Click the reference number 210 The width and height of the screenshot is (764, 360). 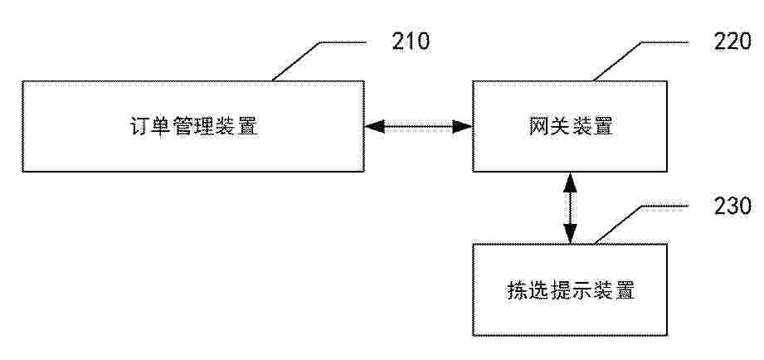[x=411, y=41]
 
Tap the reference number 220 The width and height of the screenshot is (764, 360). [x=732, y=41]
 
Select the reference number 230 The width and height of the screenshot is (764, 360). [x=732, y=206]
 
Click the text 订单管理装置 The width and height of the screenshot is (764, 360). [x=194, y=127]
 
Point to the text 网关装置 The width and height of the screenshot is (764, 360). [x=571, y=127]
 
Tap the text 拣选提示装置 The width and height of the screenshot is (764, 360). [x=571, y=291]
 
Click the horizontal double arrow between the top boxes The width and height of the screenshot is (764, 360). [x=418, y=127]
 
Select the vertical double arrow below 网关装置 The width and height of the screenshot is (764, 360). [x=570, y=207]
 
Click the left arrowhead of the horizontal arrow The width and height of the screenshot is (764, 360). [x=375, y=127]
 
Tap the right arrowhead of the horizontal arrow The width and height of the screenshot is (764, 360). [x=462, y=127]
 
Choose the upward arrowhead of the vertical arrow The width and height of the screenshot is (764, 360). [x=570, y=182]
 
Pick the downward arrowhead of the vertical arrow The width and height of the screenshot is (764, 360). [x=570, y=233]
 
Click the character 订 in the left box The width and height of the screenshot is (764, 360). [x=140, y=127]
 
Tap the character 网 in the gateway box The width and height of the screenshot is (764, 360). [x=539, y=127]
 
